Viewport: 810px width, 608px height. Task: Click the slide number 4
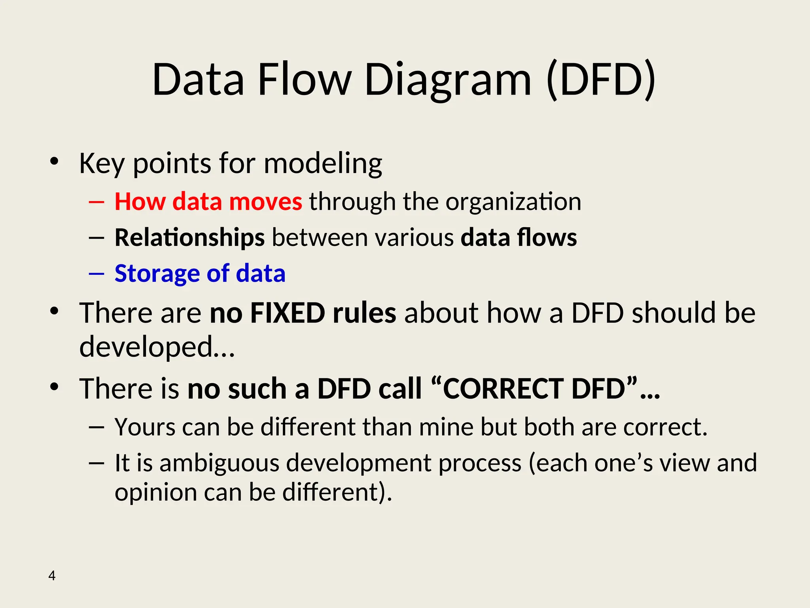pyautogui.click(x=52, y=576)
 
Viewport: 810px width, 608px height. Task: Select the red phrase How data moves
pyautogui.click(x=208, y=201)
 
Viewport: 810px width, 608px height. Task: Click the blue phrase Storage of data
pyautogui.click(x=200, y=273)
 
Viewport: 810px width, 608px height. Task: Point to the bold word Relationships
pyautogui.click(x=189, y=237)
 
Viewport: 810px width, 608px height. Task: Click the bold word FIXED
pyautogui.click(x=288, y=313)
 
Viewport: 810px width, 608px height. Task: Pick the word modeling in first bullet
pyautogui.click(x=323, y=163)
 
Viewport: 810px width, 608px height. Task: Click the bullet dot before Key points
pyautogui.click(x=54, y=161)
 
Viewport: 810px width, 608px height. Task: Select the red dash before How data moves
pyautogui.click(x=97, y=202)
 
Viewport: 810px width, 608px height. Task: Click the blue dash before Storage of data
pyautogui.click(x=97, y=274)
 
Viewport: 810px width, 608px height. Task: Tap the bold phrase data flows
pyautogui.click(x=519, y=237)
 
